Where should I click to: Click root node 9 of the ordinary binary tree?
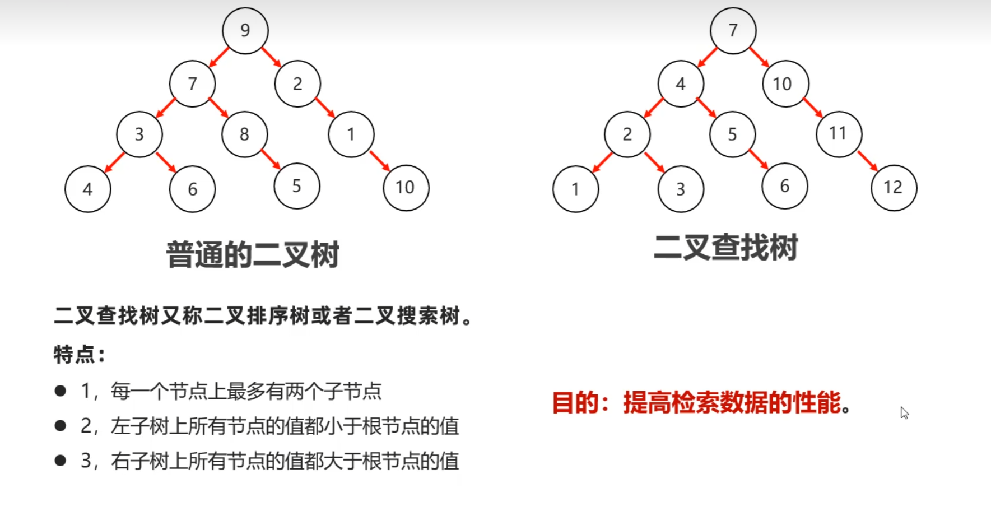(245, 30)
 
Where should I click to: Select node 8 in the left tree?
(244, 134)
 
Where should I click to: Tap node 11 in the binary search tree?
(838, 133)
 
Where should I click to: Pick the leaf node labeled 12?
(894, 187)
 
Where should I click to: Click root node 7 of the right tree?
(733, 30)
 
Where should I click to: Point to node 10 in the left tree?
(406, 187)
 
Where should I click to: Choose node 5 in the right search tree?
(732, 134)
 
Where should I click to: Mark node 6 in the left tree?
(192, 189)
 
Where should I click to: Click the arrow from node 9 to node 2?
(271, 57)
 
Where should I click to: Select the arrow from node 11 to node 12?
(867, 160)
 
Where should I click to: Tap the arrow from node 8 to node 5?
(270, 159)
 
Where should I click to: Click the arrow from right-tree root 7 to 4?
(708, 57)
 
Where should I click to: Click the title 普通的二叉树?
(253, 255)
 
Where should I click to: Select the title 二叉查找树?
(725, 248)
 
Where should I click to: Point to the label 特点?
(79, 354)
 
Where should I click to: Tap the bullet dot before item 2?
(61, 426)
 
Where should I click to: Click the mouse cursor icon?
(904, 413)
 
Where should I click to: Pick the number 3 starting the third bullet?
(86, 461)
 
